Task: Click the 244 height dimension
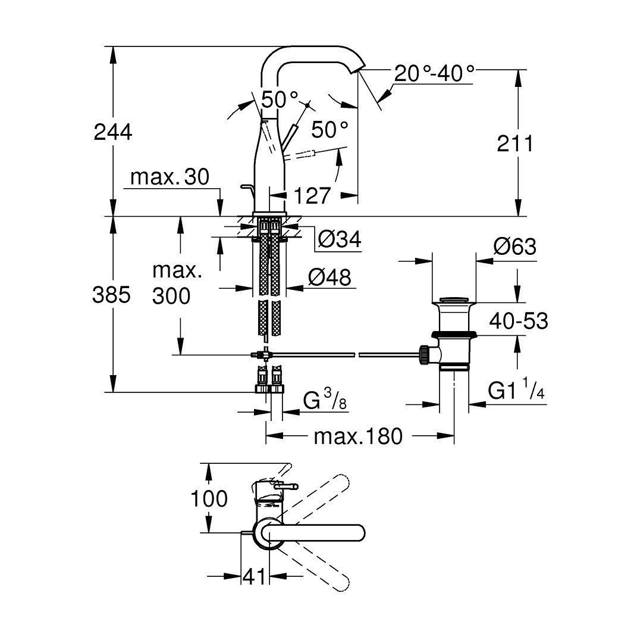coord(112,133)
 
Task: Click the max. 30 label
coord(170,177)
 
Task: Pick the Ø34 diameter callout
coord(339,240)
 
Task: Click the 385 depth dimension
coord(111,295)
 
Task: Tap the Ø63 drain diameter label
coord(514,246)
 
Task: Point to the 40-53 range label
coord(518,322)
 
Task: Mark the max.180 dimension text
coord(358,436)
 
